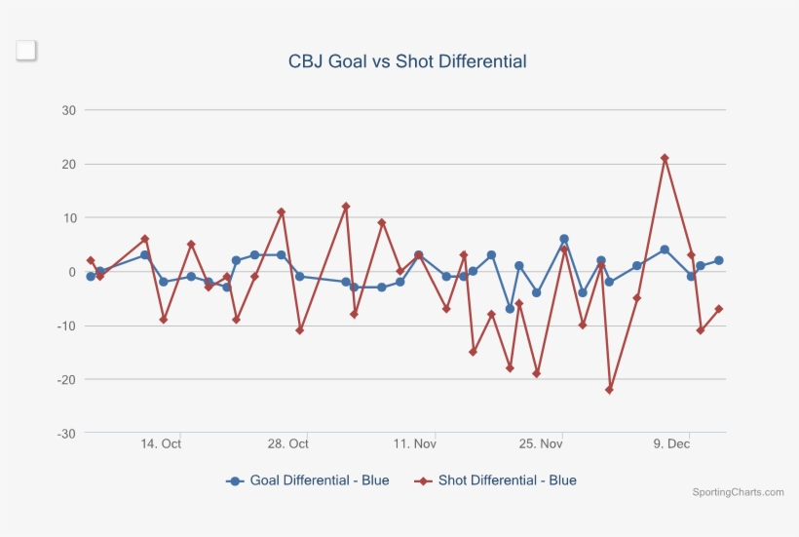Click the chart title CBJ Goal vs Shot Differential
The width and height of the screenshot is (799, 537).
tap(407, 61)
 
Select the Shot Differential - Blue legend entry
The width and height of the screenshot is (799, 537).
tap(496, 480)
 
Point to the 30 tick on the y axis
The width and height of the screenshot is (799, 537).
tap(69, 110)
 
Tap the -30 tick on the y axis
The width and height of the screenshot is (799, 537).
tap(66, 433)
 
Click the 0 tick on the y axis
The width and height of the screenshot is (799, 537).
tap(72, 272)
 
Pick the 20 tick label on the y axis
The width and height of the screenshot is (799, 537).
tap(69, 164)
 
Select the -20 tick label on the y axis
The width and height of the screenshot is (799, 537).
tap(66, 379)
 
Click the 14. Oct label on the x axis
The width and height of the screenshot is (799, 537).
tap(161, 444)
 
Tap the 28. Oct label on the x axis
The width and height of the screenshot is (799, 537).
tap(287, 444)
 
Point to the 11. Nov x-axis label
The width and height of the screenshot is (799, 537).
tap(414, 444)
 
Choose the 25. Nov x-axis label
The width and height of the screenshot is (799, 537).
tap(541, 444)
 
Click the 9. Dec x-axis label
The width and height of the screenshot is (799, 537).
tap(671, 444)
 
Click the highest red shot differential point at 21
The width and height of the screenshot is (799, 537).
tap(665, 158)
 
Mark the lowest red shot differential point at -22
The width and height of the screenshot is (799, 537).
tap(610, 390)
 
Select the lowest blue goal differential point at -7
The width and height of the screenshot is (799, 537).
tap(510, 309)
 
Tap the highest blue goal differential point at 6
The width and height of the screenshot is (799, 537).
tap(564, 239)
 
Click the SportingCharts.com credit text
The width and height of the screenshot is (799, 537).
tap(738, 492)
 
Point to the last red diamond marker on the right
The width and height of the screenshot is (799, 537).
tap(719, 309)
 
